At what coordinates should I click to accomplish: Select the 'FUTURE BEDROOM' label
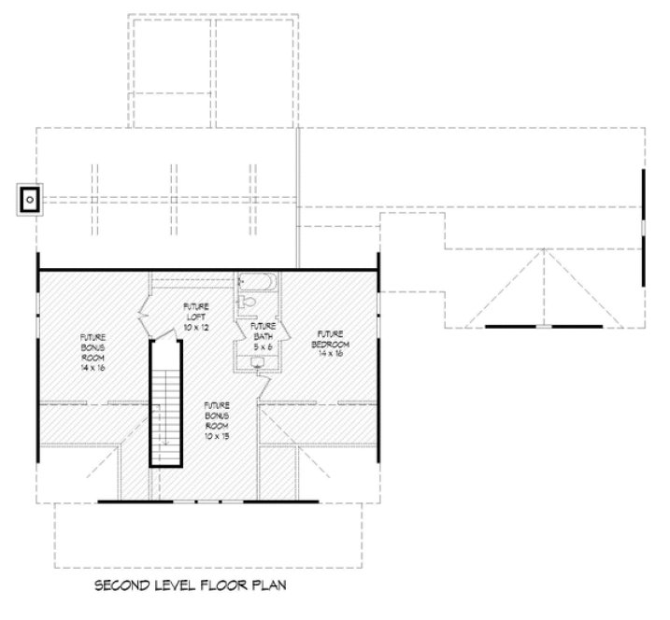[x=331, y=339]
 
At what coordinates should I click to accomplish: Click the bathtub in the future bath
[x=254, y=280]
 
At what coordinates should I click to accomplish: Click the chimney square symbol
[x=30, y=199]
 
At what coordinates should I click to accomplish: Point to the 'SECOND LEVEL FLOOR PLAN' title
[x=192, y=585]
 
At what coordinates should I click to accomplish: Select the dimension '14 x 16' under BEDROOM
[x=331, y=354]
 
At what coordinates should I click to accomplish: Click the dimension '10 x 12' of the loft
[x=196, y=328]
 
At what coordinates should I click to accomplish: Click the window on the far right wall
[x=643, y=229]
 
